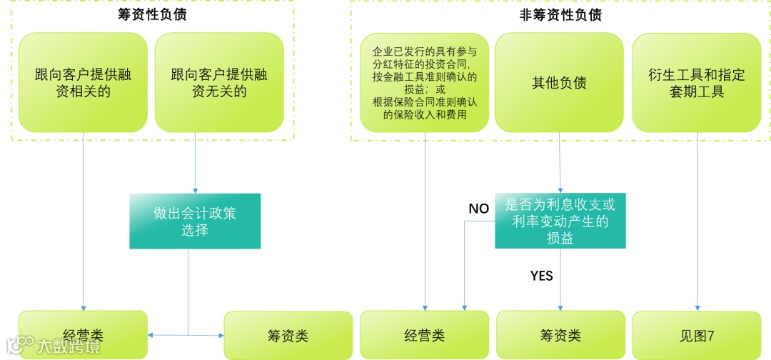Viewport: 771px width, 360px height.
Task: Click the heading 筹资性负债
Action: [152, 14]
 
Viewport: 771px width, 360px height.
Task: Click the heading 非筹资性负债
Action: [560, 14]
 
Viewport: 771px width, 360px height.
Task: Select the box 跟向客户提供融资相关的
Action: [83, 82]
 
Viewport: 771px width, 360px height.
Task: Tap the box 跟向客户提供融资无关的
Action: [219, 82]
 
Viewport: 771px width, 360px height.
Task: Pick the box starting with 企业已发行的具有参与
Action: [425, 82]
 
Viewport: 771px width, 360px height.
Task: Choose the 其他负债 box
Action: [559, 82]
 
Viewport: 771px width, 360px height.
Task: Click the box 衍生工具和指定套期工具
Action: [697, 82]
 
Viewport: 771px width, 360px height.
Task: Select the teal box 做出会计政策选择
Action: [195, 221]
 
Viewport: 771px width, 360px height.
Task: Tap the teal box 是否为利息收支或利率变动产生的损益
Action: [560, 221]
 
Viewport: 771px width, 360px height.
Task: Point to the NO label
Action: [478, 209]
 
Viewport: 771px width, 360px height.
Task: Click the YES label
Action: [542, 276]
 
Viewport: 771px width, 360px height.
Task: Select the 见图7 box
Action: [697, 335]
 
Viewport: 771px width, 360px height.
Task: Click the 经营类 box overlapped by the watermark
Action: [83, 334]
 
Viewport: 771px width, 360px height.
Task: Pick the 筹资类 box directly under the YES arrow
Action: [560, 335]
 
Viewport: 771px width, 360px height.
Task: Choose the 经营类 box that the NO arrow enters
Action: [425, 335]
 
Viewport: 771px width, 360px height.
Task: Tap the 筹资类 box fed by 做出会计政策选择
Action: [288, 335]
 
